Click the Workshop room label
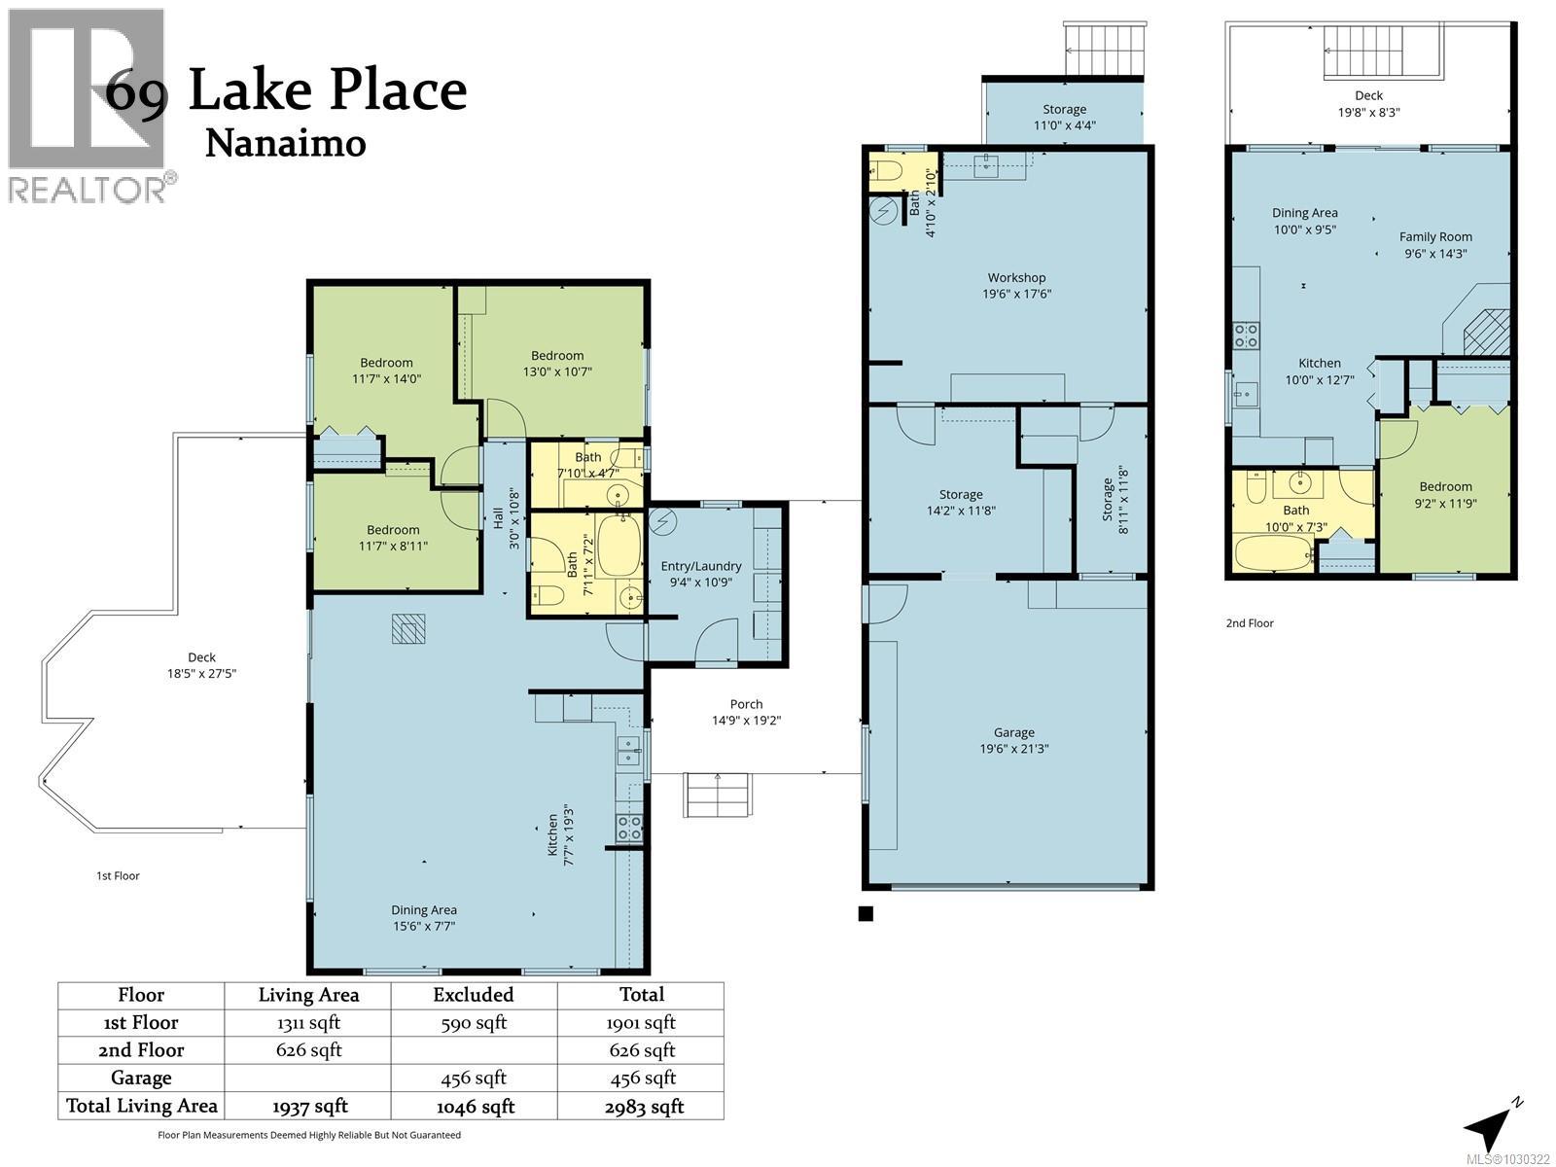click(1016, 278)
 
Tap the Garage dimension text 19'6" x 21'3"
click(1013, 749)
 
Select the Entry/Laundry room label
click(700, 566)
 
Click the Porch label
click(746, 704)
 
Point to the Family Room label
click(1435, 236)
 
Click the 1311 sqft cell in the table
click(308, 1022)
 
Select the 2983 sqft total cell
click(641, 1107)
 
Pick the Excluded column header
click(473, 995)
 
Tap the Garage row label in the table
click(141, 1078)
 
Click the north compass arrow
click(1489, 1126)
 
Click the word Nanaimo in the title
click(286, 144)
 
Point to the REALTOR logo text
click(88, 189)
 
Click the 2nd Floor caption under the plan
click(1250, 623)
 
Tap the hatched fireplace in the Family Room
click(1487, 332)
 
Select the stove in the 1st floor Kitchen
click(629, 828)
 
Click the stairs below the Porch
click(719, 795)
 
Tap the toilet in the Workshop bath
click(887, 172)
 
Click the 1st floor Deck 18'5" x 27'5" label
click(201, 665)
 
